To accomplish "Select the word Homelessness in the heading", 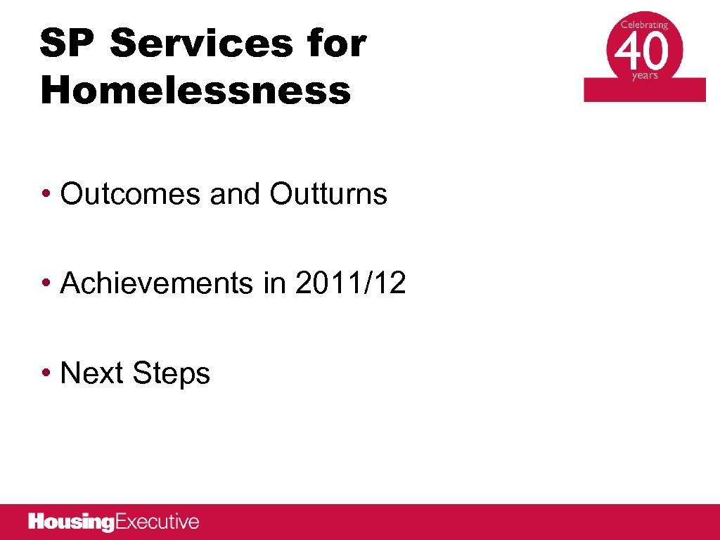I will click(x=195, y=91).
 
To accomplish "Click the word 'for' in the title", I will click(x=336, y=44).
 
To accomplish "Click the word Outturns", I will click(x=328, y=194).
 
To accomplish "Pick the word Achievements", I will click(x=156, y=283).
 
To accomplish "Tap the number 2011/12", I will click(x=351, y=283).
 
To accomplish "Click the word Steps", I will click(x=171, y=374).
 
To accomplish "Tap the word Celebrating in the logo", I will click(x=644, y=25).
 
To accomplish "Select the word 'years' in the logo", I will click(x=645, y=76).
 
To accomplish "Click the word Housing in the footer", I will click(x=71, y=522).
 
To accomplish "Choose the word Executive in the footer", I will click(x=157, y=522).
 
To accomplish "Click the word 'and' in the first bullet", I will click(x=239, y=194).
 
